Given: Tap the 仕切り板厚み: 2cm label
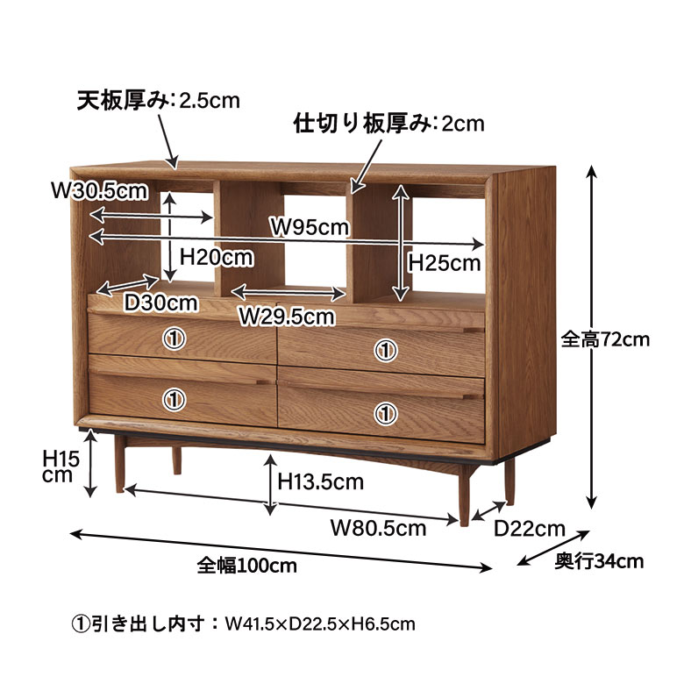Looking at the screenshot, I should tap(388, 124).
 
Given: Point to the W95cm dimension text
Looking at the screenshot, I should tap(309, 227).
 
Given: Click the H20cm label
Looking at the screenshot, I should tap(216, 258).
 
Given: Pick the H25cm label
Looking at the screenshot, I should tap(445, 262).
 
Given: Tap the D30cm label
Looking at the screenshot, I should tap(160, 303).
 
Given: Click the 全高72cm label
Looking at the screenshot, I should tap(605, 339).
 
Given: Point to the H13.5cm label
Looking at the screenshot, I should tap(320, 481).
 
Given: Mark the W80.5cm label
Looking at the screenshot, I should tap(378, 528).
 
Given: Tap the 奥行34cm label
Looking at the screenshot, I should tap(600, 562).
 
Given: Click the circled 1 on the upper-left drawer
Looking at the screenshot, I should tap(175, 338).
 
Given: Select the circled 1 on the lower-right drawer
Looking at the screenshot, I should tap(385, 411).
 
